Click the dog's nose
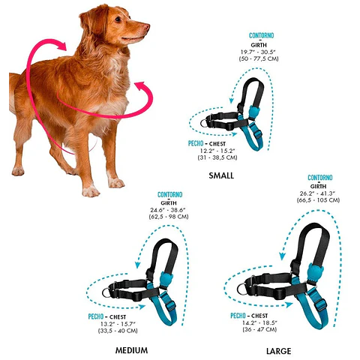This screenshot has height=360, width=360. pos(146,26)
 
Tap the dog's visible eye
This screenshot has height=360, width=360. pos(118,19)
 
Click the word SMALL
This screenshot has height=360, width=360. pos(221,175)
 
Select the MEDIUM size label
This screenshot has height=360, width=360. pos(131,350)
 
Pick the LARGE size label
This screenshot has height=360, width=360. pos(279,351)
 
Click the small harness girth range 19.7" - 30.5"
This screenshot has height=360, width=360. pos(258,52)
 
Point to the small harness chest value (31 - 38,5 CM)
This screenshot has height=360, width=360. pos(217,157)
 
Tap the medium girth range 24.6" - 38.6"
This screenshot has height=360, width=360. pos(168,210)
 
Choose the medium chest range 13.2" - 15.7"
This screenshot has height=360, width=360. pos(118,324)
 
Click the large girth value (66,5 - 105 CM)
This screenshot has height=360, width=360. pos(318,200)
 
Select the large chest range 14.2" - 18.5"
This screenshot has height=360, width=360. pos(259,322)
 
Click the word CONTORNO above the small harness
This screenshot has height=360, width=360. pos(262,35)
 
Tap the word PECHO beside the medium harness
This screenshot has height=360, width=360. pos(96,316)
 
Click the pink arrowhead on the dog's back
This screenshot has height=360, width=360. pos(62,46)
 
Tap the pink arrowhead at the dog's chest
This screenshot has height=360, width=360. pos(140,86)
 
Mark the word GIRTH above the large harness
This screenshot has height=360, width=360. pos(318,187)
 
